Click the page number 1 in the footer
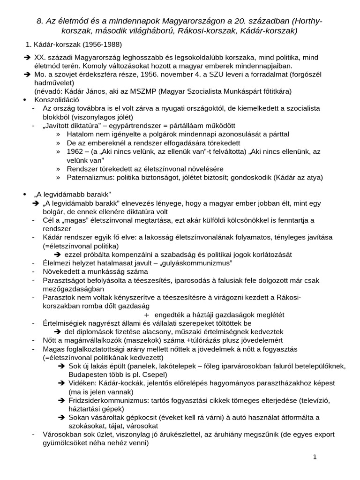tap(315, 457)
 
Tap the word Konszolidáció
tap(57, 100)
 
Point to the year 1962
tap(76, 151)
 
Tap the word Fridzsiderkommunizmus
tap(107, 400)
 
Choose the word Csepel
tap(153, 375)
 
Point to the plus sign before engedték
tap(147, 315)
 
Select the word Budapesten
tap(87, 375)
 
